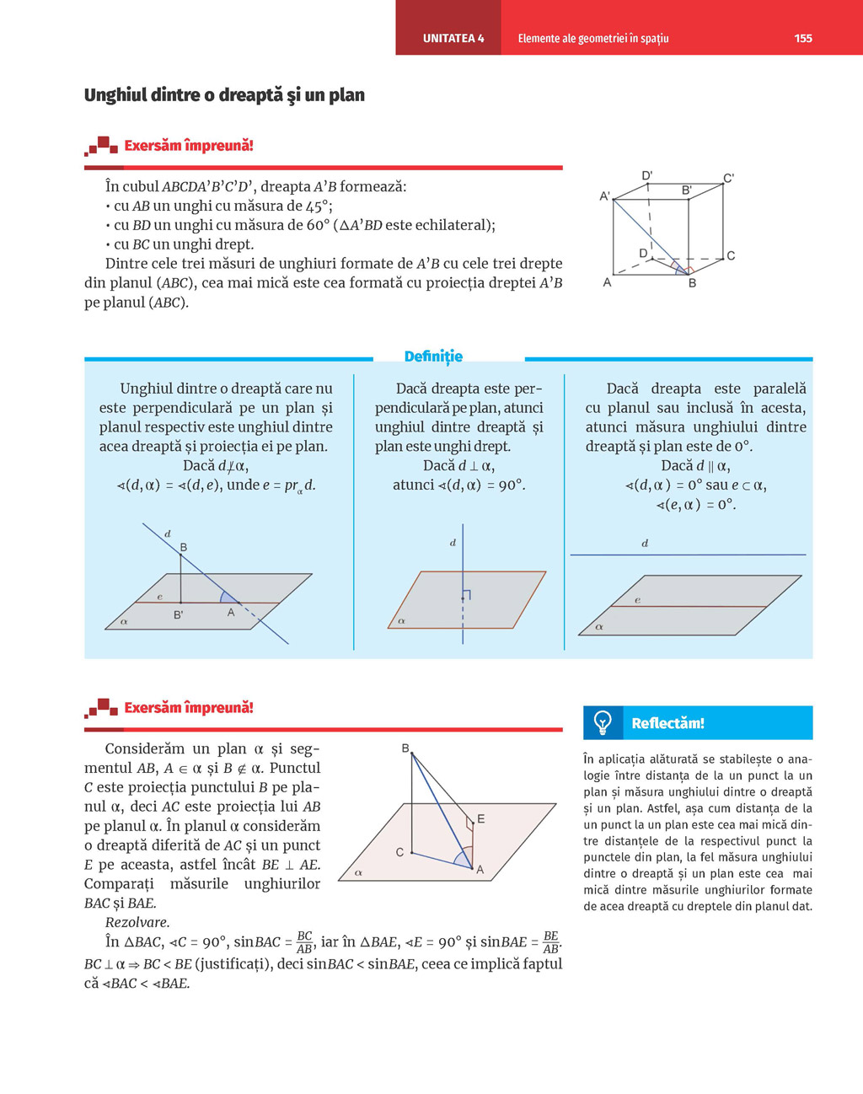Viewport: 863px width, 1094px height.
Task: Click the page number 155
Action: pyautogui.click(x=802, y=38)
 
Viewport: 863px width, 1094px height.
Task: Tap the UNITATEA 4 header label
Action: pyautogui.click(x=453, y=38)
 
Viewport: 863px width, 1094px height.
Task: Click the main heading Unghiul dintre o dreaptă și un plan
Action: pyautogui.click(x=224, y=95)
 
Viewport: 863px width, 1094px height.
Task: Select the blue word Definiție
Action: pyautogui.click(x=433, y=357)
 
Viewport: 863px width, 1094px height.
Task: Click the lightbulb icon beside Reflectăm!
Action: pyautogui.click(x=603, y=722)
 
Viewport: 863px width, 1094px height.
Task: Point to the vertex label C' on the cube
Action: pyautogui.click(x=728, y=178)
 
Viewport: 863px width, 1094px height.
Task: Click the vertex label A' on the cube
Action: pyautogui.click(x=604, y=196)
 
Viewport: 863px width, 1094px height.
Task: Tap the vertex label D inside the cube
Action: pyautogui.click(x=643, y=254)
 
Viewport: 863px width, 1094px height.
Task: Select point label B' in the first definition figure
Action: pyautogui.click(x=178, y=615)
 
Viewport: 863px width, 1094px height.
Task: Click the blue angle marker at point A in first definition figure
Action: pyautogui.click(x=228, y=598)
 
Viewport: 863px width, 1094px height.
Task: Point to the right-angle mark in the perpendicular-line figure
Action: pyautogui.click(x=466, y=595)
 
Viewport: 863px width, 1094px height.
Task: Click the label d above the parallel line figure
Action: pyautogui.click(x=645, y=544)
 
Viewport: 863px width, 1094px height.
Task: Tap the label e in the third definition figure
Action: pyautogui.click(x=637, y=600)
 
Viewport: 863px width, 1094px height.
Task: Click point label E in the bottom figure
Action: pyautogui.click(x=480, y=818)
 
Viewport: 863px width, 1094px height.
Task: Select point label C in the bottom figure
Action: pyautogui.click(x=399, y=852)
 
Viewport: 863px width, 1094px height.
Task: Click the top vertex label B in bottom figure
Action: pyautogui.click(x=405, y=748)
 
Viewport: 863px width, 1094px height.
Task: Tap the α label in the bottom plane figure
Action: pyautogui.click(x=358, y=872)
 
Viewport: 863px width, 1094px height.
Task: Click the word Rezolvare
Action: pyautogui.click(x=137, y=922)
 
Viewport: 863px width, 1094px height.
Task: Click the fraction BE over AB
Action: pyautogui.click(x=550, y=941)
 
